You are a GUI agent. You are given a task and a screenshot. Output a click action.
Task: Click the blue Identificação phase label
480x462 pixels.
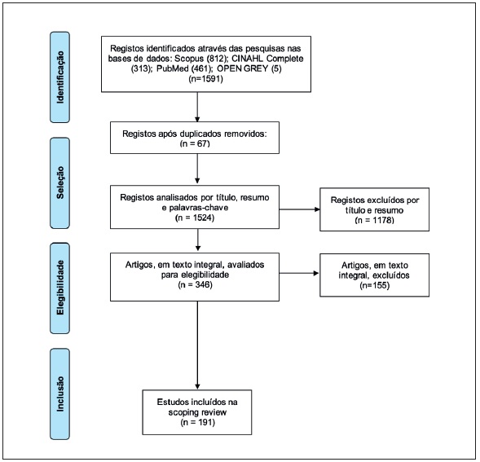(x=60, y=77)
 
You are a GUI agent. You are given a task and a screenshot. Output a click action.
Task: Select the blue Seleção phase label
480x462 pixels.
(x=60, y=183)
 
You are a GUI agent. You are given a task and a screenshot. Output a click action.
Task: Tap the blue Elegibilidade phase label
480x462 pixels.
(x=60, y=288)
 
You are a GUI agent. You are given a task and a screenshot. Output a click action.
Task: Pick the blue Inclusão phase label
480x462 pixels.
(x=60, y=394)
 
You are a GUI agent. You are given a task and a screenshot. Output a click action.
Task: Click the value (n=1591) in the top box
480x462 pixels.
(x=205, y=78)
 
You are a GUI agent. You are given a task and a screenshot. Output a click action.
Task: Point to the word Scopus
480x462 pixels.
(x=189, y=58)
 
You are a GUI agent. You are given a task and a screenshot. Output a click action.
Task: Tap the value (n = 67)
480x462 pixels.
(x=195, y=143)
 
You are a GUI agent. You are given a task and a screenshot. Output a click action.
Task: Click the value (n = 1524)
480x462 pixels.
(x=195, y=218)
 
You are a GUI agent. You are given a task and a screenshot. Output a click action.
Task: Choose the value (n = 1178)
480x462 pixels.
(x=374, y=220)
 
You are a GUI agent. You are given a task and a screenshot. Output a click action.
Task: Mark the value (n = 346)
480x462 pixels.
(x=195, y=284)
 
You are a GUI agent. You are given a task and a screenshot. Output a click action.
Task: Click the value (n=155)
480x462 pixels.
(x=374, y=285)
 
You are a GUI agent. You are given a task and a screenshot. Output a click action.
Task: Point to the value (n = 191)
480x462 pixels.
(x=197, y=422)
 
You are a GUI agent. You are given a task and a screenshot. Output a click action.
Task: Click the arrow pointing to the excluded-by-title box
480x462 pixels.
(x=299, y=209)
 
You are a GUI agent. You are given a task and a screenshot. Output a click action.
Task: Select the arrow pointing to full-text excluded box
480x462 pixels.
(x=299, y=273)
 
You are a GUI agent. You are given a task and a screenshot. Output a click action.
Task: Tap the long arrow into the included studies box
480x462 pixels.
(x=197, y=345)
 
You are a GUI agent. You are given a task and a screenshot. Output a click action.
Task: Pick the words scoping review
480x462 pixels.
(x=197, y=412)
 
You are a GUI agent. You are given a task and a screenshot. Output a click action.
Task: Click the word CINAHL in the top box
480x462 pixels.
(x=248, y=58)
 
